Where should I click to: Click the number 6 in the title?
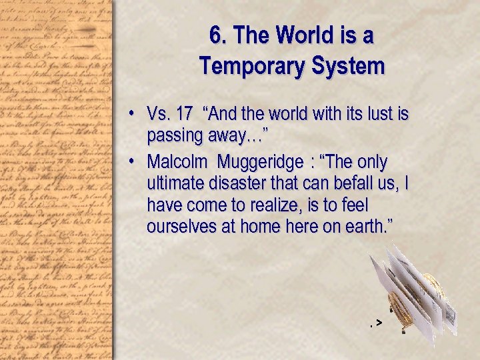click(x=215, y=35)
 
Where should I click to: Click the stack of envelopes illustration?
click(x=413, y=293)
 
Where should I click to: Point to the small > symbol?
click(x=378, y=323)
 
